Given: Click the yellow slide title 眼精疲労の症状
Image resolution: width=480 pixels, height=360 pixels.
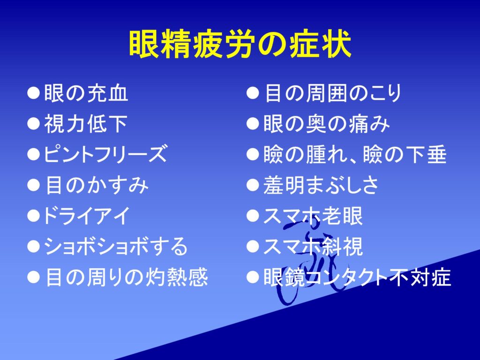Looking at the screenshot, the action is pyautogui.click(x=240, y=44).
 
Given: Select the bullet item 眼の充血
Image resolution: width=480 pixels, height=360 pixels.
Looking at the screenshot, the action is pyautogui.click(x=86, y=93).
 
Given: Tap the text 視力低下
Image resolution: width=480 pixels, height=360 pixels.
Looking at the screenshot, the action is pyautogui.click(x=86, y=124).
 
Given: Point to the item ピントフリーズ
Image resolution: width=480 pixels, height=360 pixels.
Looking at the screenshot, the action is pyautogui.click(x=106, y=154).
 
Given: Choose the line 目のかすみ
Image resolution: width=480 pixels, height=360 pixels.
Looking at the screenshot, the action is pyautogui.click(x=97, y=185).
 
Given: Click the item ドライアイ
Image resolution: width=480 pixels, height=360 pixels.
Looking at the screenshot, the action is pyautogui.click(x=87, y=216).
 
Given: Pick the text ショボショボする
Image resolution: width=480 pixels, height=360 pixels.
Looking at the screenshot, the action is pyautogui.click(x=116, y=246).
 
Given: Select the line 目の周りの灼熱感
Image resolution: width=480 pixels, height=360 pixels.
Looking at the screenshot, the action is pyautogui.click(x=127, y=277).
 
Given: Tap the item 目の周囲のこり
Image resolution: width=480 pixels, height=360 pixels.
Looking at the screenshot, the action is pyautogui.click(x=333, y=93).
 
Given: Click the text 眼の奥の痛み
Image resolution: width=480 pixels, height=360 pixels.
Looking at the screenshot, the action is pyautogui.click(x=327, y=124).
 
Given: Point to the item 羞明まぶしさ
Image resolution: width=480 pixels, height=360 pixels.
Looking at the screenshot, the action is pyautogui.click(x=321, y=185).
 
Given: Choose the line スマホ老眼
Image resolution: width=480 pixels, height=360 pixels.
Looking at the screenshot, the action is pyautogui.click(x=313, y=216).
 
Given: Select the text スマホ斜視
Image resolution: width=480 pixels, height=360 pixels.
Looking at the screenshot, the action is pyautogui.click(x=313, y=246).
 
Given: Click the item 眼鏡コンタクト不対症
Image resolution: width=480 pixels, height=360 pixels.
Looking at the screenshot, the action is pyautogui.click(x=357, y=277).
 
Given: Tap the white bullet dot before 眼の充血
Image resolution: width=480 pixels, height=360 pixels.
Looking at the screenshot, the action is pyautogui.click(x=33, y=93).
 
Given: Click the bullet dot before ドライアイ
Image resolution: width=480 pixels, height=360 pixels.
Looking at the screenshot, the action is pyautogui.click(x=33, y=216).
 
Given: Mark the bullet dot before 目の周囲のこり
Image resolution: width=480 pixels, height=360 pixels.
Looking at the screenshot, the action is pyautogui.click(x=253, y=93).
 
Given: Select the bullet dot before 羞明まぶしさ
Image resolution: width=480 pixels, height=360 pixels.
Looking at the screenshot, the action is pyautogui.click(x=253, y=185).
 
